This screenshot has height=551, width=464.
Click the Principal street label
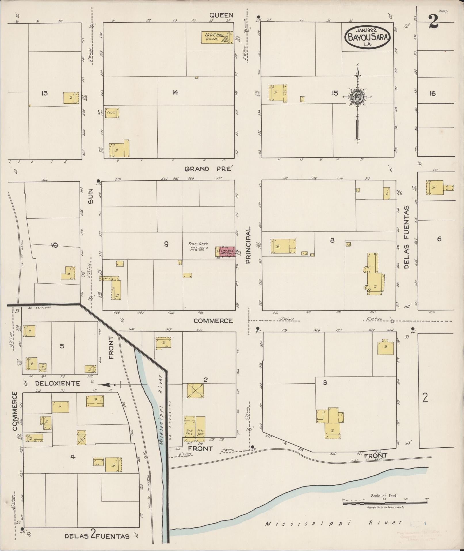(x=249, y=245)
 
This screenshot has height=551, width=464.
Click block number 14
(x=175, y=92)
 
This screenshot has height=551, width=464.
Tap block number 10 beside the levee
(x=54, y=245)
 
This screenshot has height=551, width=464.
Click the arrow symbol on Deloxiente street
(x=106, y=385)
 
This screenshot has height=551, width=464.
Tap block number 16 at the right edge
(x=432, y=93)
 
